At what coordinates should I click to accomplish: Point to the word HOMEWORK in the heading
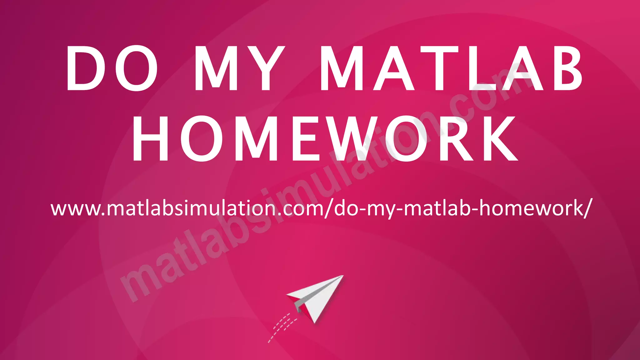click(325, 139)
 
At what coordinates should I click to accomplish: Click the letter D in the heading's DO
click(84, 68)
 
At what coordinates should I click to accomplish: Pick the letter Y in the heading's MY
click(266, 68)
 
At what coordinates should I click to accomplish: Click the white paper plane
click(316, 297)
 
